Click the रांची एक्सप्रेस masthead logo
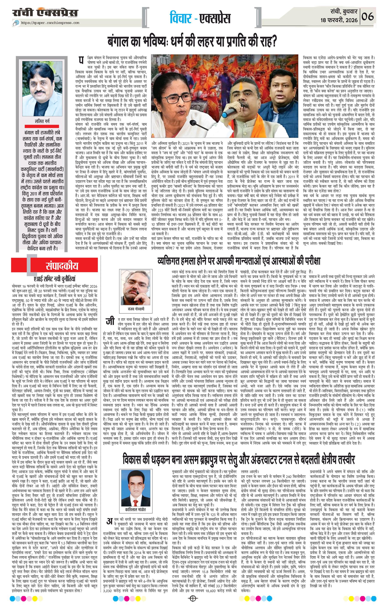46,13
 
